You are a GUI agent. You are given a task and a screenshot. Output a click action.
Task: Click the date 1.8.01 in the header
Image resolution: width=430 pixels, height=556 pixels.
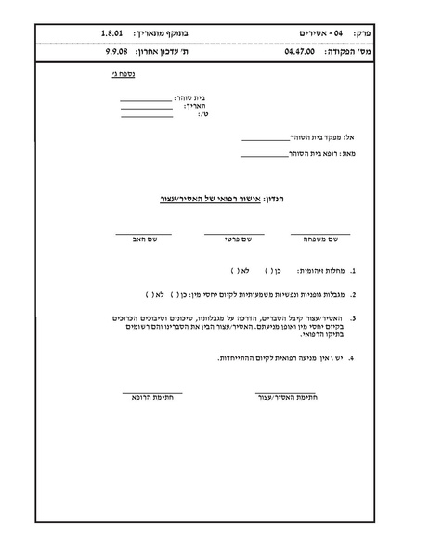(113, 32)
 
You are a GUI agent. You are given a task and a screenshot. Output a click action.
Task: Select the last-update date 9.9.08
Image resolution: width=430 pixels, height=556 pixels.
(117, 52)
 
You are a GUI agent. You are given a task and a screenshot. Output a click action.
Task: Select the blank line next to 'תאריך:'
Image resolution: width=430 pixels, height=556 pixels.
(146, 108)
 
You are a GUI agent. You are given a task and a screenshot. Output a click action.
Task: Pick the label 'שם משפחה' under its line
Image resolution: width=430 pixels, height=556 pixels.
(320, 239)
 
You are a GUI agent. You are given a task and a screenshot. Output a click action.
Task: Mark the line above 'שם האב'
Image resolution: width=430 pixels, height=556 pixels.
(144, 233)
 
